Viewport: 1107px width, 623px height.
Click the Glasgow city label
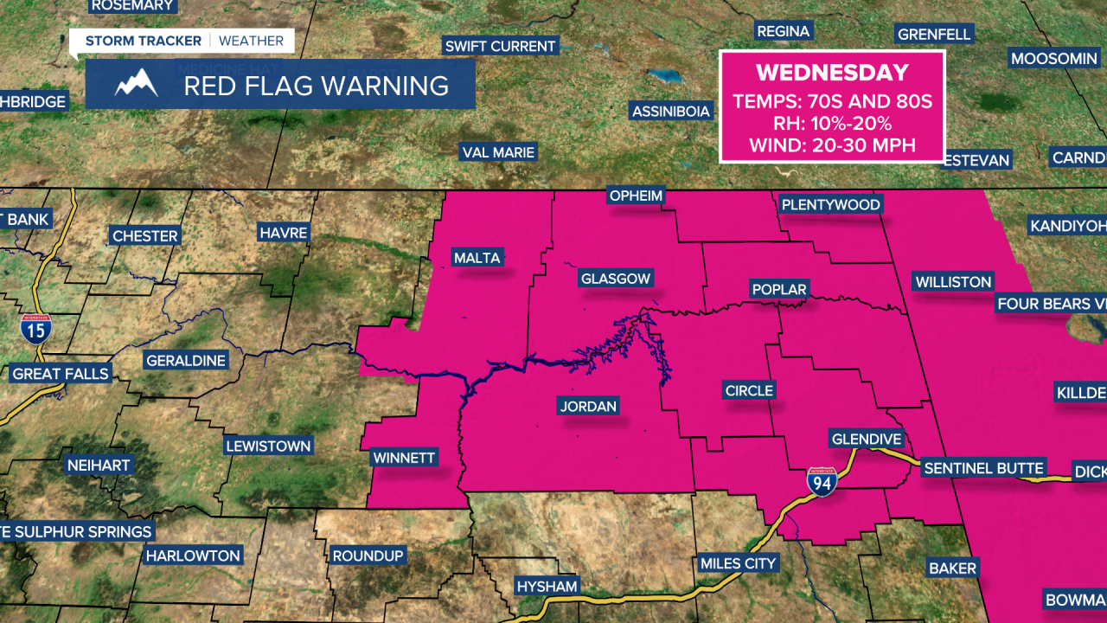tap(616, 279)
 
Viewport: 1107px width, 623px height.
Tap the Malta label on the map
tap(477, 257)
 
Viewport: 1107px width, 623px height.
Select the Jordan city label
tap(588, 406)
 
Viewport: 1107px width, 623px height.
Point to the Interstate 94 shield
tap(822, 482)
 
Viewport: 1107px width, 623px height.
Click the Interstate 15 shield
tap(36, 329)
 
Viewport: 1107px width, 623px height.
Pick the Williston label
tap(953, 282)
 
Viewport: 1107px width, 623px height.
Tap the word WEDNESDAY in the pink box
tap(832, 73)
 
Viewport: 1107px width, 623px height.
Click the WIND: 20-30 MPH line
tap(832, 145)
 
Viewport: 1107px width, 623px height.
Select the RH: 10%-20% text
tap(832, 123)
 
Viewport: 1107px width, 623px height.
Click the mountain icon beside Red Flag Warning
tap(137, 84)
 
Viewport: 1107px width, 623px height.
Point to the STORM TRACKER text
tap(143, 41)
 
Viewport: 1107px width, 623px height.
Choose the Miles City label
tap(738, 563)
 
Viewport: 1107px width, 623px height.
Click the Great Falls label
tap(61, 374)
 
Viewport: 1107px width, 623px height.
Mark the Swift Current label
tap(500, 46)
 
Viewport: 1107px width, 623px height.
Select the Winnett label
tap(404, 457)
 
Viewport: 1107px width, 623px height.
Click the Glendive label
tap(866, 439)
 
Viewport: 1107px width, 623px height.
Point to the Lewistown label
tap(267, 446)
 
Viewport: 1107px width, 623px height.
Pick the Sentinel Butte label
tap(984, 468)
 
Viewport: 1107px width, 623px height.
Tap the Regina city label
tap(783, 31)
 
